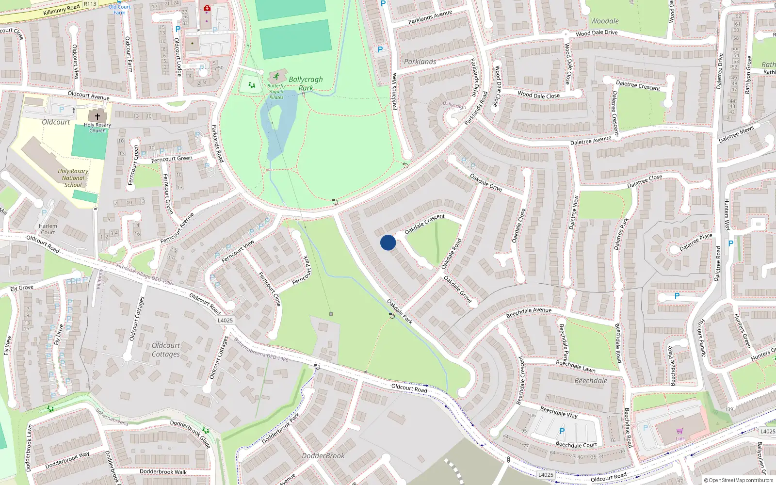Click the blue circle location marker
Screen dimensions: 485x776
388,242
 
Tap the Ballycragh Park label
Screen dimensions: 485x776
306,83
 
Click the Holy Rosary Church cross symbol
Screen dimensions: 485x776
97,117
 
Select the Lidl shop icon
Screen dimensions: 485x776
679,431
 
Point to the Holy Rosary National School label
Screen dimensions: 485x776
73,178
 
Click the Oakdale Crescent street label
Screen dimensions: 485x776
424,224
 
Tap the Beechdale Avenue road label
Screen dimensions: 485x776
529,312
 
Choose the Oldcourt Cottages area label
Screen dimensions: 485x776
166,350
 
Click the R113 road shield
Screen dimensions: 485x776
90,4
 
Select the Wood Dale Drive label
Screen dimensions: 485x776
597,33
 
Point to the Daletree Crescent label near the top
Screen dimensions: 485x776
638,86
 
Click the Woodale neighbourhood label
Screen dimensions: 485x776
604,21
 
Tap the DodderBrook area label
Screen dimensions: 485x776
323,456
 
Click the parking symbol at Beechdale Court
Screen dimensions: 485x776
562,431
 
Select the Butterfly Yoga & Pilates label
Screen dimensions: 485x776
276,92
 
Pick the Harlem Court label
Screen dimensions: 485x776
48,229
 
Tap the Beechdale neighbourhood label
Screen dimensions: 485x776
591,381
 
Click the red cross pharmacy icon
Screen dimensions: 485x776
207,8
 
